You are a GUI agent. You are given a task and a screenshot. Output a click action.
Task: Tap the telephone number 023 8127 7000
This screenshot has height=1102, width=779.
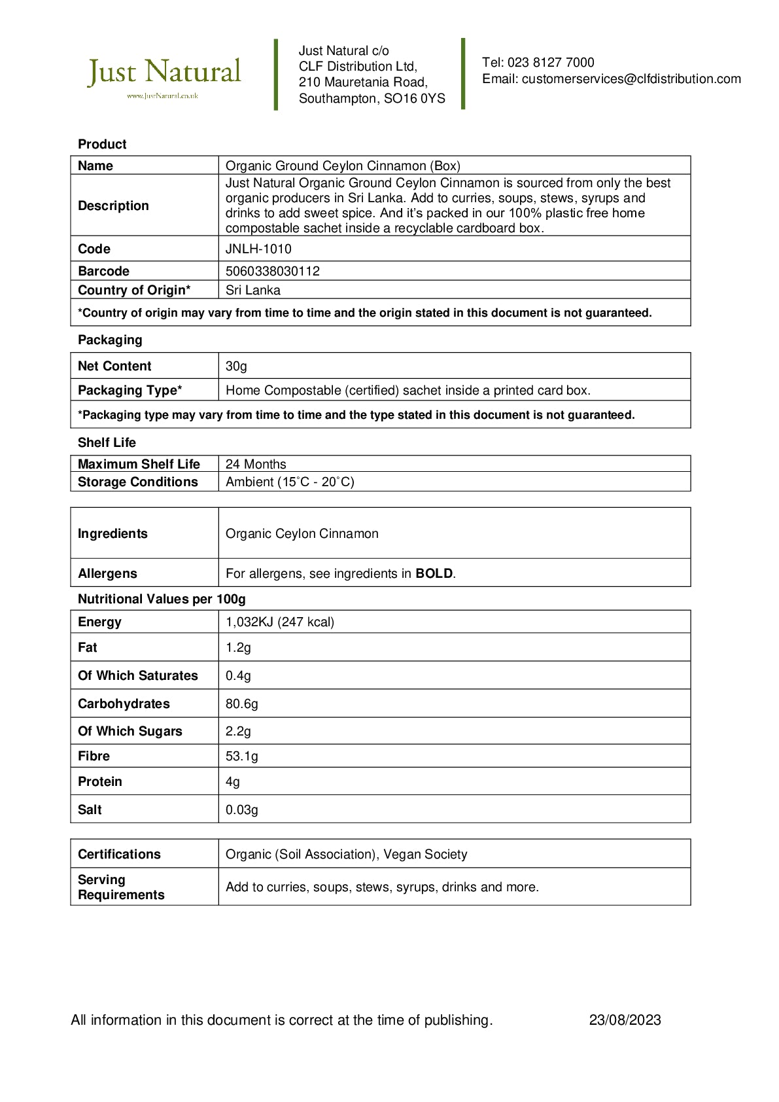click(551, 63)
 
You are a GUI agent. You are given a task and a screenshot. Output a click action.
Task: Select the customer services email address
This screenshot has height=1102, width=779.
click(631, 79)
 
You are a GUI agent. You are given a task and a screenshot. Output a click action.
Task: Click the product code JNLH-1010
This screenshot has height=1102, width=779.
click(258, 249)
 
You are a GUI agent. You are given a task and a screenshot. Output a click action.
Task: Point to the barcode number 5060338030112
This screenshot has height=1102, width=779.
click(273, 272)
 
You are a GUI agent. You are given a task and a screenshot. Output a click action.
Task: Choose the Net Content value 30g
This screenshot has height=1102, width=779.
click(236, 366)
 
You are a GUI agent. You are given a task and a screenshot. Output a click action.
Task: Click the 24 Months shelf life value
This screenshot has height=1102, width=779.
click(256, 465)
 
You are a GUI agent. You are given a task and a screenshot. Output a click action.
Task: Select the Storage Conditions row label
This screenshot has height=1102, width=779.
click(137, 482)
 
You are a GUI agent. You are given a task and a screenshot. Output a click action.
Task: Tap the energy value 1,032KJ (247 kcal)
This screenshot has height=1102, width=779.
click(280, 622)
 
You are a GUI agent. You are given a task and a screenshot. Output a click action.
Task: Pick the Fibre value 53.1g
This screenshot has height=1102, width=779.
click(242, 756)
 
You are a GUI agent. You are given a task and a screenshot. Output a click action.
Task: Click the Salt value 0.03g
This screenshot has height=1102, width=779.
click(242, 810)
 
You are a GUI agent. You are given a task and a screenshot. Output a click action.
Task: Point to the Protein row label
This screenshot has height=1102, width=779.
click(100, 782)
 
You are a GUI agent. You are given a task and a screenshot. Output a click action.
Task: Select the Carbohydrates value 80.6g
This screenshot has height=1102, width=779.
click(242, 704)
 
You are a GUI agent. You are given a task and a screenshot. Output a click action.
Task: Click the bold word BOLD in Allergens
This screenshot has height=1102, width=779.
click(434, 574)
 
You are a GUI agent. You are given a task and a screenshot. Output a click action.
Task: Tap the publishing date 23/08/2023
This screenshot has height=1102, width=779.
click(625, 1020)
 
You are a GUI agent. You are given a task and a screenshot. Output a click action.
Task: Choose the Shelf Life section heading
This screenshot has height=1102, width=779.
click(107, 443)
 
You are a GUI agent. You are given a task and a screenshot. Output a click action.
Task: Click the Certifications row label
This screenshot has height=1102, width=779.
click(119, 855)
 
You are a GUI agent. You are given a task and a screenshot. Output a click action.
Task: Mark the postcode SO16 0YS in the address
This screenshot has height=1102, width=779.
click(415, 99)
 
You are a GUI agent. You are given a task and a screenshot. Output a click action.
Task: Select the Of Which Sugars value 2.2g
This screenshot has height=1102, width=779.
click(238, 732)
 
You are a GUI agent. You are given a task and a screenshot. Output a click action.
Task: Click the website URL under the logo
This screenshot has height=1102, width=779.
click(162, 96)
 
